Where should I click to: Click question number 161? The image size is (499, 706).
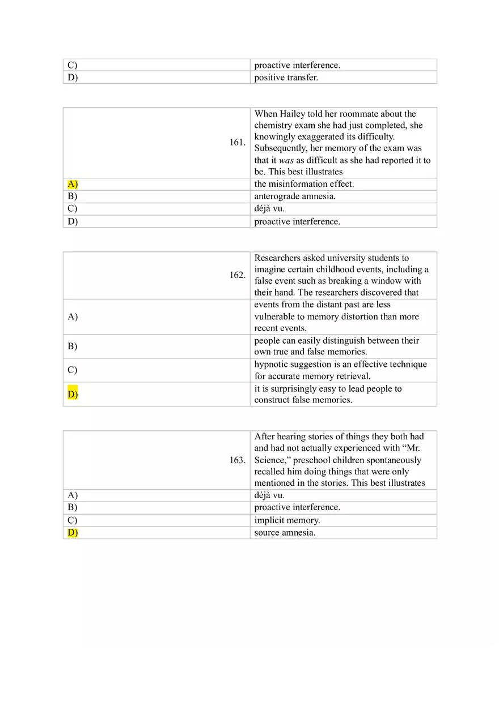[237, 143]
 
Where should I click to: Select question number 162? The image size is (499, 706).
[237, 275]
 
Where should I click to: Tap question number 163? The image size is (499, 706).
[237, 460]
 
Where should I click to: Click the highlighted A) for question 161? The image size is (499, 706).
[73, 184]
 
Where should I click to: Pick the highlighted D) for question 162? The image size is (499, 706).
[73, 394]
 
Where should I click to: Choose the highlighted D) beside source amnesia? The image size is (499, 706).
[73, 533]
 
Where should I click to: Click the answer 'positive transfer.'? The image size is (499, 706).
[286, 78]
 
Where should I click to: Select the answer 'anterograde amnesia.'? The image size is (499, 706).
[295, 196]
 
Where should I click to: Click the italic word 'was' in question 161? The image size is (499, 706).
[286, 160]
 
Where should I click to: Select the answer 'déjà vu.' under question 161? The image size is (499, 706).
[269, 209]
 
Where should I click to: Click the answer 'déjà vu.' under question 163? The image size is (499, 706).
[269, 495]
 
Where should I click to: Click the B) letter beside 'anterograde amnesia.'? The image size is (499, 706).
[73, 196]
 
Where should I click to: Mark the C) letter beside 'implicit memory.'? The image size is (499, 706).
[73, 520]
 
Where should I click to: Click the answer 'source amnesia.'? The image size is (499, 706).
[285, 533]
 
